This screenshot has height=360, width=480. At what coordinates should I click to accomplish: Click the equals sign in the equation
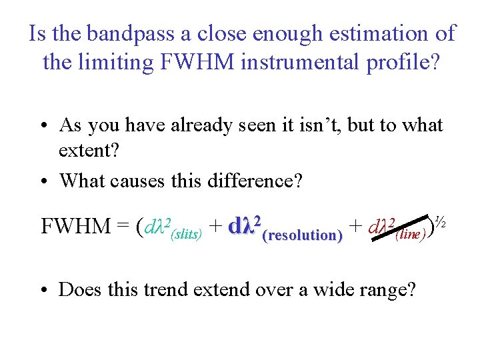click(x=123, y=227)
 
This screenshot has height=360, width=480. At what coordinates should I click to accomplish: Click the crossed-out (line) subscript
click(x=411, y=235)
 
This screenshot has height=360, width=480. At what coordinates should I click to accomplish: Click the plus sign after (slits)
click(x=215, y=227)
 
